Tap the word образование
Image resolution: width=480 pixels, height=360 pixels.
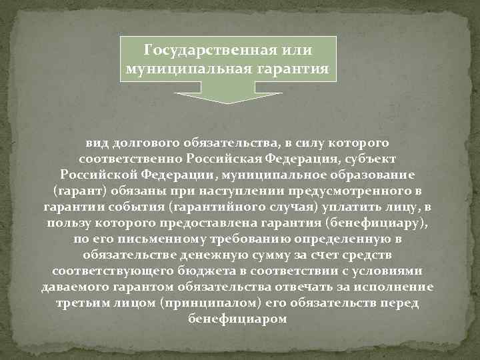375,174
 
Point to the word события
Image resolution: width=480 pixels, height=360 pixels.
143,206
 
